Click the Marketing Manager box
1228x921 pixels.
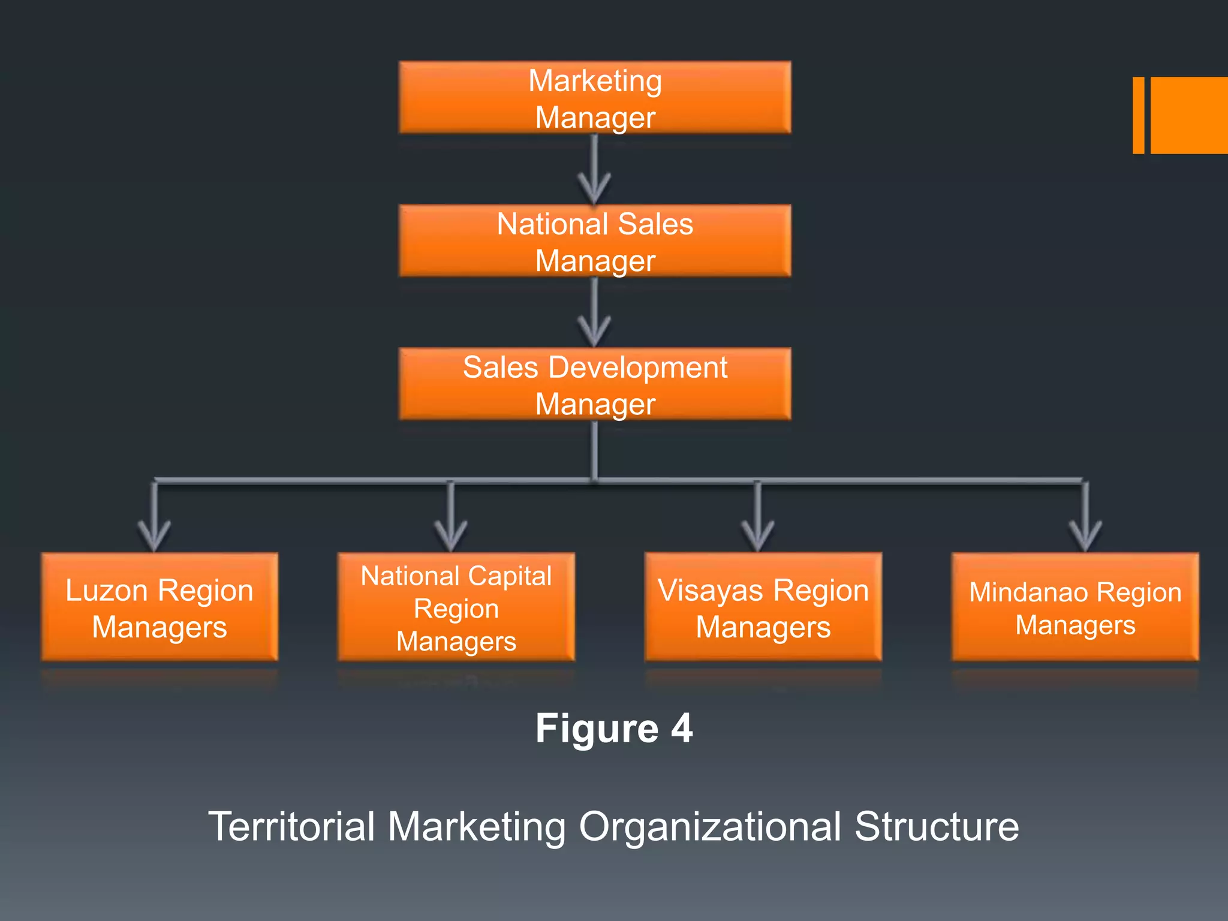(595, 98)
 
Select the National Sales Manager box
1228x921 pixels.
(595, 241)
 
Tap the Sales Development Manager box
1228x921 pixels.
(595, 384)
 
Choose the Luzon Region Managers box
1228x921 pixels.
(159, 607)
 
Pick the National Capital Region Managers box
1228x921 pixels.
(456, 607)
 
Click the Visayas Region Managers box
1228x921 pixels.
(763, 607)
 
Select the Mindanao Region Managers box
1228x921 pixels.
(1075, 607)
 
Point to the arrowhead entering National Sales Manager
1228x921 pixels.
(594, 191)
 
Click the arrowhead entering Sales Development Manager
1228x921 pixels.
(594, 333)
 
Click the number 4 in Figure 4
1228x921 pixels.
(682, 729)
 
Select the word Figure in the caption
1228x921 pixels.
(597, 729)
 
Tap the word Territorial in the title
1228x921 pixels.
(291, 827)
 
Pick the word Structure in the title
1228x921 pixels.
(937, 827)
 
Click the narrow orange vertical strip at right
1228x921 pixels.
(1138, 115)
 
